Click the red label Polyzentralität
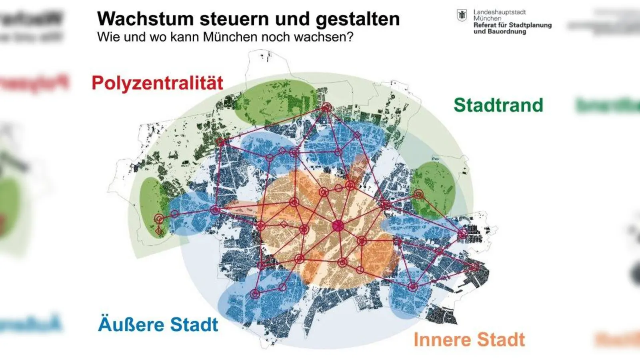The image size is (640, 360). [x=157, y=83]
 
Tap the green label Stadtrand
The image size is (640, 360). [x=498, y=105]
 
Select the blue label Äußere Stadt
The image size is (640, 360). [x=158, y=324]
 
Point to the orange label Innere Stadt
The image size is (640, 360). [x=469, y=340]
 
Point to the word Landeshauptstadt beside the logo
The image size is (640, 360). [x=500, y=12]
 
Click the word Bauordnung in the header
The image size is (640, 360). [x=506, y=31]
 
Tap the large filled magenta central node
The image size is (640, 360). [x=338, y=226]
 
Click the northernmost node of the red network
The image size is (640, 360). [x=326, y=107]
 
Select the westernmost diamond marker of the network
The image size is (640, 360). [x=158, y=231]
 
